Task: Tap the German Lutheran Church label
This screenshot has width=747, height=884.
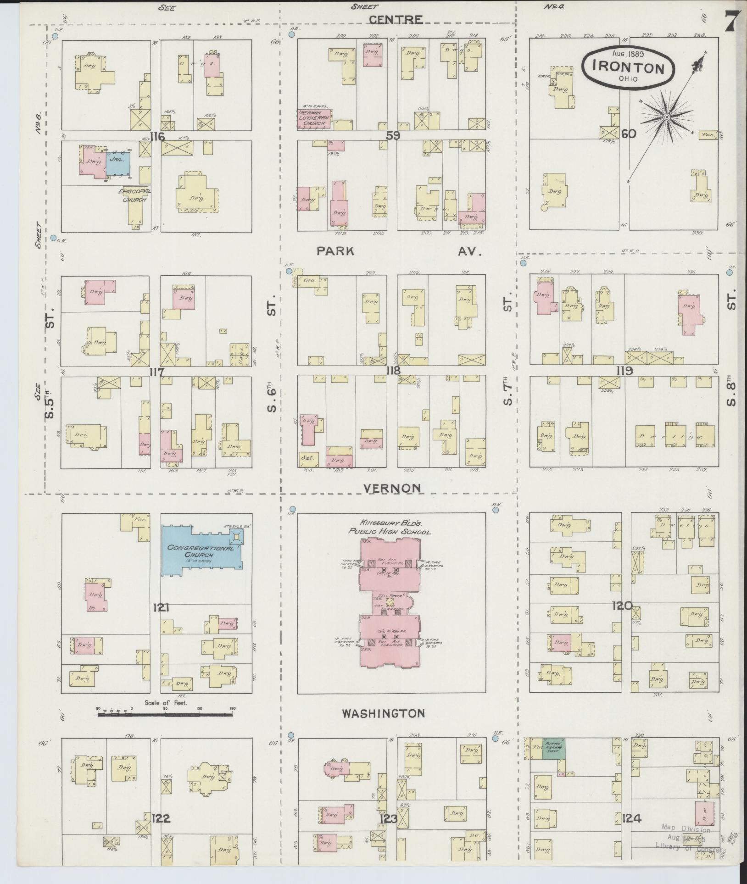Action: (315, 117)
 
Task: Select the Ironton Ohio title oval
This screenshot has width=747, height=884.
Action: (629, 67)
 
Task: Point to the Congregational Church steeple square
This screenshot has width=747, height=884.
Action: (237, 536)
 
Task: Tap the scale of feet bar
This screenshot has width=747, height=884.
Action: (165, 727)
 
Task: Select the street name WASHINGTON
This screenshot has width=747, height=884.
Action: (383, 713)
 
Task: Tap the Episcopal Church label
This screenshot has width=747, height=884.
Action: (134, 195)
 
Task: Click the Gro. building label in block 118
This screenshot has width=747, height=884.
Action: (303, 279)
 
